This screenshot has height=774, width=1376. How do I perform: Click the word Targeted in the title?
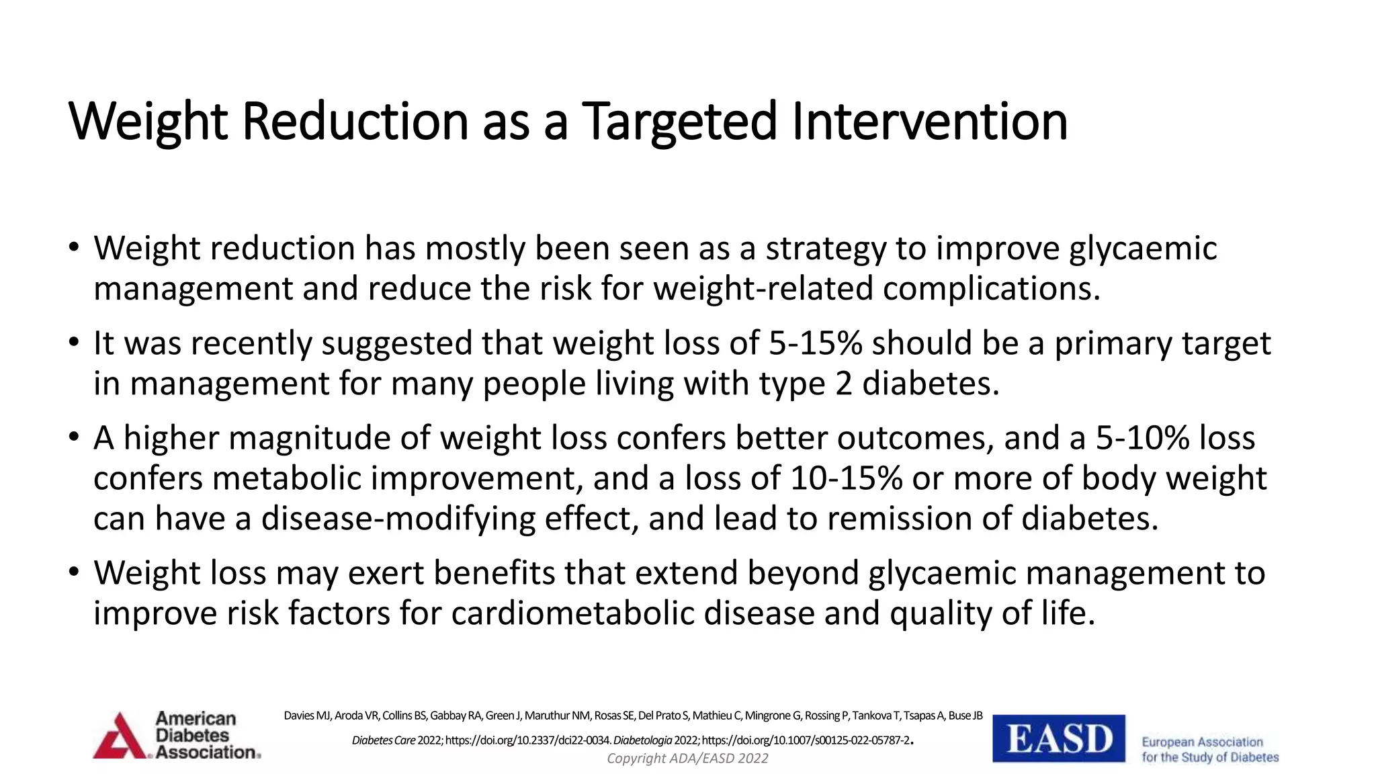(x=679, y=122)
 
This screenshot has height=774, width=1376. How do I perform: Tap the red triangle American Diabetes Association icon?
(x=121, y=737)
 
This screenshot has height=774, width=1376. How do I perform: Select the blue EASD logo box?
(x=1059, y=738)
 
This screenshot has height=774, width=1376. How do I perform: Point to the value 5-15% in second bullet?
(x=816, y=343)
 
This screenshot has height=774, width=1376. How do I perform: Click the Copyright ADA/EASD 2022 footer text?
(x=687, y=759)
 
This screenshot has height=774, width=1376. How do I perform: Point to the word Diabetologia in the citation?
(x=643, y=740)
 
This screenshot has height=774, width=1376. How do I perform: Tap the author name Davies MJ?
(x=307, y=716)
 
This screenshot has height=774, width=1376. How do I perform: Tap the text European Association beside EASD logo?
(x=1202, y=742)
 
